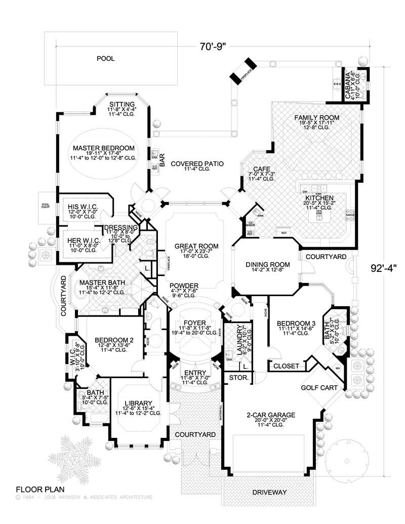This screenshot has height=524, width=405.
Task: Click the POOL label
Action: [x=106, y=59]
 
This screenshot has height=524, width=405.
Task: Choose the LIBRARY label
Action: [x=138, y=403]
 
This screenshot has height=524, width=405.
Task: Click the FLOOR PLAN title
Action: [x=37, y=490]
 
